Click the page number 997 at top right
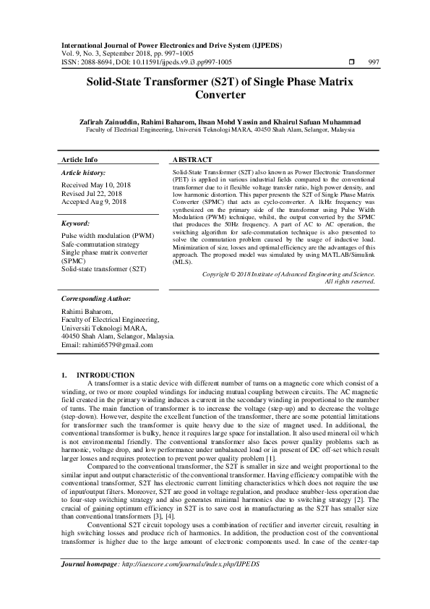[374, 63]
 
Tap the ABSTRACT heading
[192, 159]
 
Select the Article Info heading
[79, 159]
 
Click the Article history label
[84, 174]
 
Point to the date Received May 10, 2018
[96, 186]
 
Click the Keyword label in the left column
[75, 224]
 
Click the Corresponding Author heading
[96, 298]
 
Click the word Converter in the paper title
[215, 95]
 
